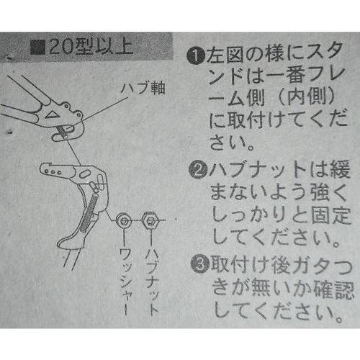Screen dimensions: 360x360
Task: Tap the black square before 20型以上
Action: tap(37, 48)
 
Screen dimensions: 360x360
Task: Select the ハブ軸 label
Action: tap(143, 88)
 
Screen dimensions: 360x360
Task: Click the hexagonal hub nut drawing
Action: tap(149, 220)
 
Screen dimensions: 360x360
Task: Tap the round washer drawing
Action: tap(124, 220)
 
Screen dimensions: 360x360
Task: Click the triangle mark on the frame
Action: tap(53, 114)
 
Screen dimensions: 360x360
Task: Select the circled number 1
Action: tap(196, 55)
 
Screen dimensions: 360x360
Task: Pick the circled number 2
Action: tap(199, 170)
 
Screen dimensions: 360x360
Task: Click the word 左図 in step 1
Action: tap(225, 55)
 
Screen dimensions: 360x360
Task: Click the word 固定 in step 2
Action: tap(330, 215)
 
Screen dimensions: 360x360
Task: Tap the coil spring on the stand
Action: tap(89, 212)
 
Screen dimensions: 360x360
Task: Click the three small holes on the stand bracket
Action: tap(53, 172)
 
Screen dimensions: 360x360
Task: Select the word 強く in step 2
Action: tap(328, 192)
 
